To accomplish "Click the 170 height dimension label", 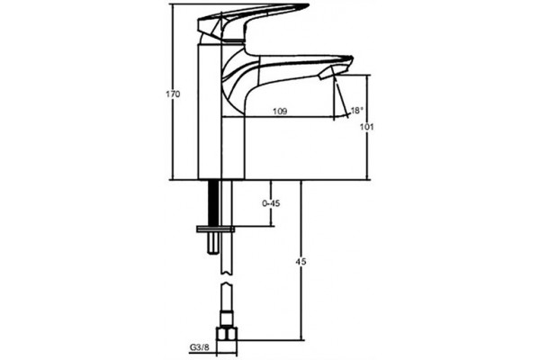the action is (173, 94).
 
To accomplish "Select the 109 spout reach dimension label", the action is (280, 112).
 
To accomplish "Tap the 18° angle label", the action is (357, 110).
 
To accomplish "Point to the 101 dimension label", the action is (367, 127).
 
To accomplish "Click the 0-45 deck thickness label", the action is (271, 203).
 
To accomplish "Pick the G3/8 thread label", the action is (199, 346).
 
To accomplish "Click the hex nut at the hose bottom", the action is (227, 335).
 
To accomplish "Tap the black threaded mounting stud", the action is (213, 202).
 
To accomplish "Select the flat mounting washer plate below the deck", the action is (215, 229).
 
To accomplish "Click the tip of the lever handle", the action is (308, 4).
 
